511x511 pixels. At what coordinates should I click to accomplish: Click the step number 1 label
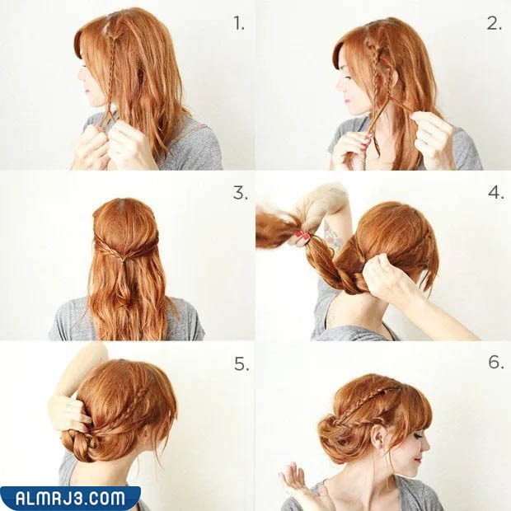pos(239,23)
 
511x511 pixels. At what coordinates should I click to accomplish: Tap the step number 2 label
pos(495,23)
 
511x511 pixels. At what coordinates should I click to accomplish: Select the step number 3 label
pos(240,193)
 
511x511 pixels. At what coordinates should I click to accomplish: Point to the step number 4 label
pos(496,192)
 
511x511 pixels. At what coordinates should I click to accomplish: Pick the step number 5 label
pos(241,363)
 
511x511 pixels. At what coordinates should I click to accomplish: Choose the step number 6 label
pos(496,362)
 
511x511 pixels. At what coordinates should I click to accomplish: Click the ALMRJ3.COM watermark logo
pos(70,499)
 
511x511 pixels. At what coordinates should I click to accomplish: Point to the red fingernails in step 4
pos(302,235)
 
